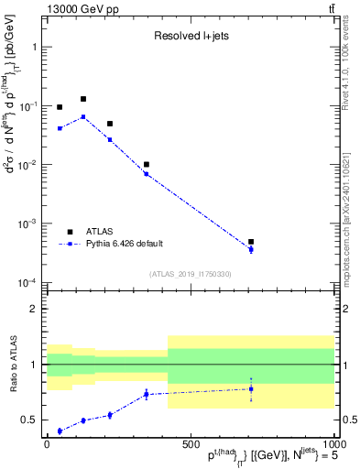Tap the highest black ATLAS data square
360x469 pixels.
coord(83,99)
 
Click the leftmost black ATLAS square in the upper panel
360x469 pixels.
coord(60,107)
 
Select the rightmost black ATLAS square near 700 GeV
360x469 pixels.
coord(251,242)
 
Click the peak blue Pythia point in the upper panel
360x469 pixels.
coord(83,117)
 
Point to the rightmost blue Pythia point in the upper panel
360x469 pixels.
coord(251,249)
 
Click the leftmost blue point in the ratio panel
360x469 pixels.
coord(60,431)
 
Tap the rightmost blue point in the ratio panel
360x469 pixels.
coord(251,389)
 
